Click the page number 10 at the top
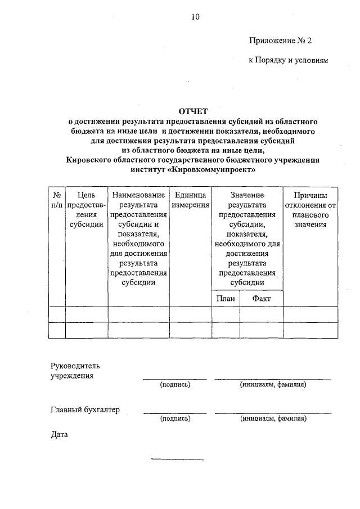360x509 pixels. point(194,17)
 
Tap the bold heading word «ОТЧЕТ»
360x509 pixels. point(193,111)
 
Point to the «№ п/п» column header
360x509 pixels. point(57,200)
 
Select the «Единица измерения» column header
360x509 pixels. point(191,200)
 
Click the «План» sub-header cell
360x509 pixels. point(226,299)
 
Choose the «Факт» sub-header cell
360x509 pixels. point(262,299)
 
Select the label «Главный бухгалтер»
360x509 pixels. point(85,410)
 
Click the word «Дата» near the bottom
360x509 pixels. point(59,435)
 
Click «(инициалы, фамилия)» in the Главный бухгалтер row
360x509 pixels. point(273,419)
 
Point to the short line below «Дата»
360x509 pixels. point(177,460)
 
